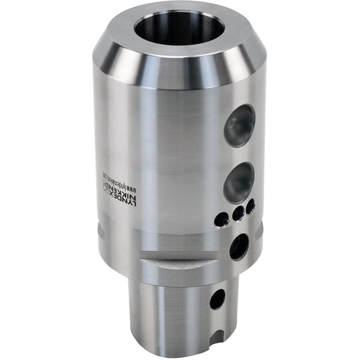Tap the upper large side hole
click(240, 125)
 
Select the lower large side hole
click(238, 181)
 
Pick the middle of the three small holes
click(238, 215)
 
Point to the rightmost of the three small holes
click(251, 207)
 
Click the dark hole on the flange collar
click(238, 246)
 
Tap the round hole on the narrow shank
click(217, 298)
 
